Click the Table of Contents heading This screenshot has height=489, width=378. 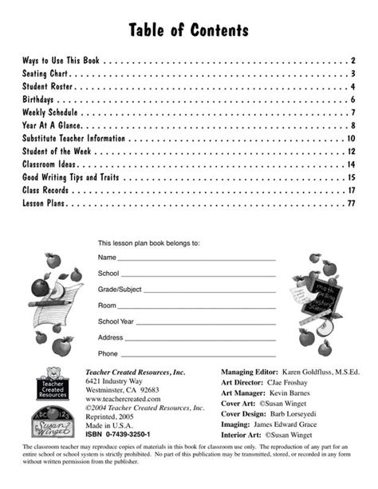(189, 30)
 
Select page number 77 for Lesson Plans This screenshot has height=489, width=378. (349, 204)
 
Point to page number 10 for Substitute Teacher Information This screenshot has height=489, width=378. (350, 139)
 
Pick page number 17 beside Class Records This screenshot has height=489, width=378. (350, 191)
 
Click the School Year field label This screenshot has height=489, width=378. (117, 321)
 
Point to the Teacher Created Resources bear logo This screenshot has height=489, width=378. (53, 384)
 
